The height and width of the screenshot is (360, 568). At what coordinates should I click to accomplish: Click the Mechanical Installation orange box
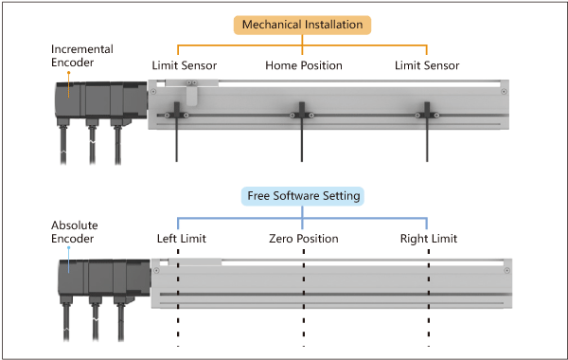302,25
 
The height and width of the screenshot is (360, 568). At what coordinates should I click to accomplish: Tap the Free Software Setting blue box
303,196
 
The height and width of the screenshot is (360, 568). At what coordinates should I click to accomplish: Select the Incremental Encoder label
81,56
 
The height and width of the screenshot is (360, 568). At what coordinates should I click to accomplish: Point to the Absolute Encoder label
74,232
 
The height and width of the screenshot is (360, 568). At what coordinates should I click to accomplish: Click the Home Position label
304,65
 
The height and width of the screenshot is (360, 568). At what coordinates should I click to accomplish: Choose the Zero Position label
304,239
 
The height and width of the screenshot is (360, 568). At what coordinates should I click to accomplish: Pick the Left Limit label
182,239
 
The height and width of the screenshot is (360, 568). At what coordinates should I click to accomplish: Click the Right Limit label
429,239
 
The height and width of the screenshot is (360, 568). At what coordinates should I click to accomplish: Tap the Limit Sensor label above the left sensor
184,65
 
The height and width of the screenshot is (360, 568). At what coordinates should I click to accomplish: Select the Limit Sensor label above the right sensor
427,65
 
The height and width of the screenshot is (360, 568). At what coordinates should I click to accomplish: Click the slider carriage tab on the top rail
191,92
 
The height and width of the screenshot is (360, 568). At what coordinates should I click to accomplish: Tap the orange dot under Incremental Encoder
68,73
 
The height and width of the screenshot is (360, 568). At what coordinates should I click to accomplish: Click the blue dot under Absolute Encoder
68,248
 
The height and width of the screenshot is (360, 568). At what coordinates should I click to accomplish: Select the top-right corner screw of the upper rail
504,92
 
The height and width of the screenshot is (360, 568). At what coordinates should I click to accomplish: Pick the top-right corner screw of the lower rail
507,270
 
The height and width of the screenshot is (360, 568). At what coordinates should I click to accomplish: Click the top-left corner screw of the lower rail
156,270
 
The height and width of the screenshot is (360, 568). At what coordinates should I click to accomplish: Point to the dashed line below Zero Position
304,298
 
